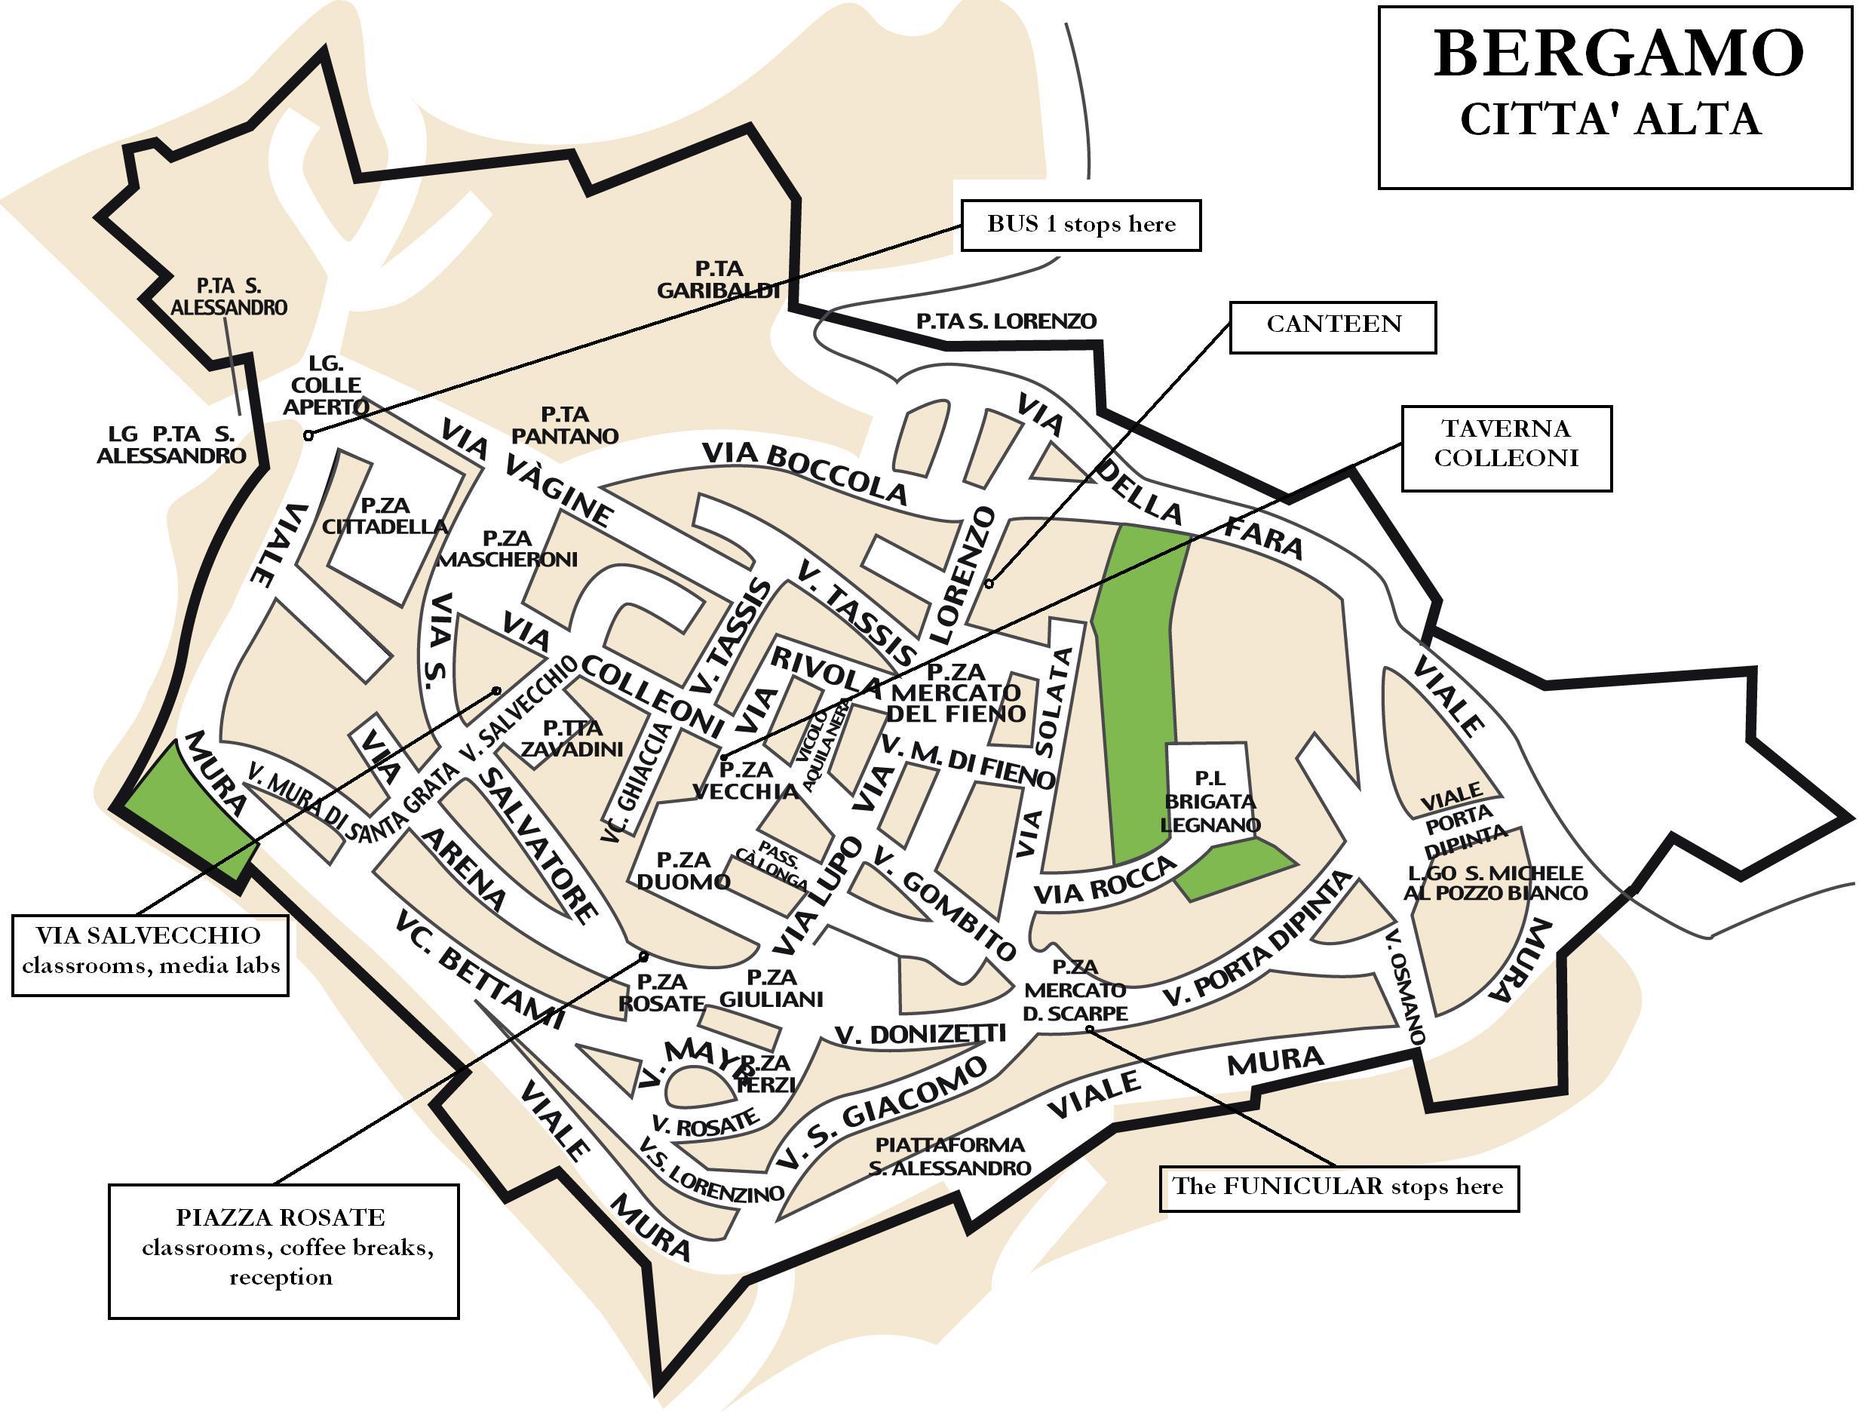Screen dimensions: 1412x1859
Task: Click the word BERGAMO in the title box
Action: pos(1618,54)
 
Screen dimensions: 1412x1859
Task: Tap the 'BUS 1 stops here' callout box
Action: pos(1080,226)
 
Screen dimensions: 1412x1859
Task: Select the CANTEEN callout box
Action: pos(1332,326)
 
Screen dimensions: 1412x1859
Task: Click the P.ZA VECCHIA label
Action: pos(745,780)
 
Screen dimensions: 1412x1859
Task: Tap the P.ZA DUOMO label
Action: pos(683,870)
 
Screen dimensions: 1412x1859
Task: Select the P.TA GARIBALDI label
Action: pos(719,280)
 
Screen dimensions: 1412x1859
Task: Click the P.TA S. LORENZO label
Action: pos(1006,321)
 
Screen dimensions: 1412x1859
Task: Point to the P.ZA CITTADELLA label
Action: pos(385,516)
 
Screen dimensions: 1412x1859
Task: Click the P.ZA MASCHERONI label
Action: pos(507,548)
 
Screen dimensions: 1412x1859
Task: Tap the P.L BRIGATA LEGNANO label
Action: pos(1210,802)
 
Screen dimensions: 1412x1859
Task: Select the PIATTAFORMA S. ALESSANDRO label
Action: pos(949,1156)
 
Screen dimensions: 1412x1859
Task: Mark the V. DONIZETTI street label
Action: pos(920,1035)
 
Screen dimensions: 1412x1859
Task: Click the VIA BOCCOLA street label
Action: pos(805,472)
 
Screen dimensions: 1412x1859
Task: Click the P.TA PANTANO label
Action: pos(565,425)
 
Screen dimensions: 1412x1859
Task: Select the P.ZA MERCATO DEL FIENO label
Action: pos(956,693)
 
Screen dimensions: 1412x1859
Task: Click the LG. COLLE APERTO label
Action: pos(325,385)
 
